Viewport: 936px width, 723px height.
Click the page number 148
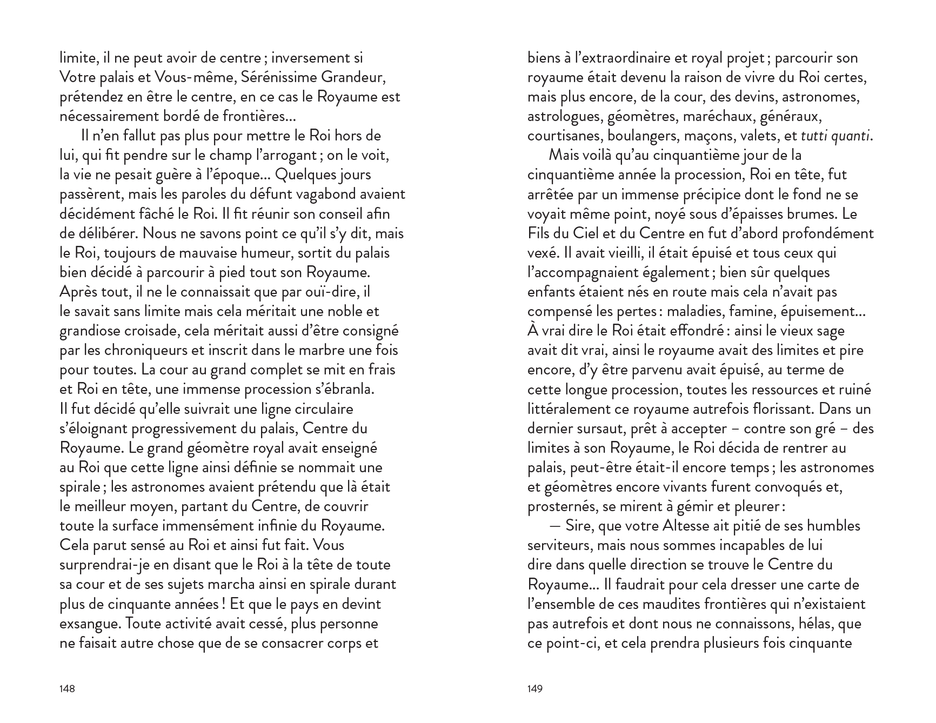coord(67,688)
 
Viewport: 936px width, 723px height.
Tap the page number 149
coord(534,688)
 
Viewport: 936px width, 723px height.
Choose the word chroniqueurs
coord(145,350)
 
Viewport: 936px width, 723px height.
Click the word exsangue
coord(90,624)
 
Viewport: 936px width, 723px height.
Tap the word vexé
coord(542,253)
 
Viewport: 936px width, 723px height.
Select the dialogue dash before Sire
coord(554,526)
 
